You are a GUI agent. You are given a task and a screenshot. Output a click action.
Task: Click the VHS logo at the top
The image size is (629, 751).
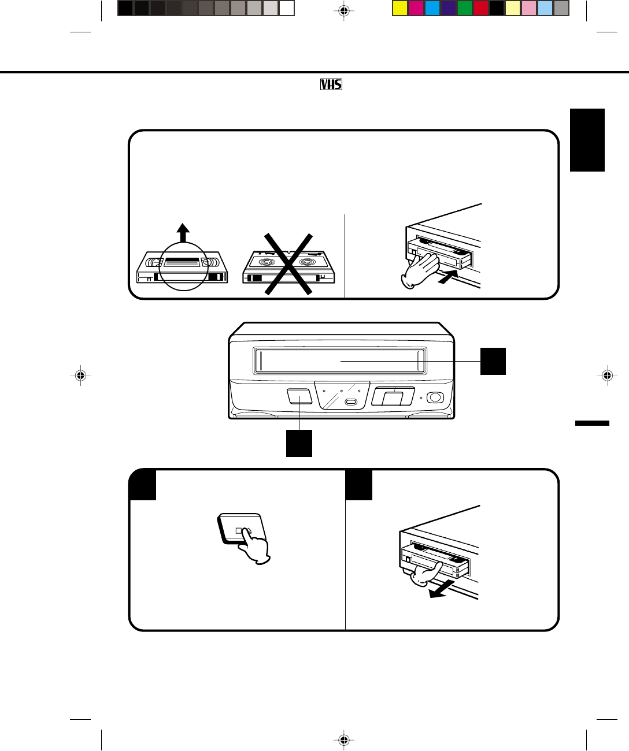(x=331, y=84)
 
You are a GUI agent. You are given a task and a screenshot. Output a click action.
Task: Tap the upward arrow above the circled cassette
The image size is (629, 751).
(x=183, y=234)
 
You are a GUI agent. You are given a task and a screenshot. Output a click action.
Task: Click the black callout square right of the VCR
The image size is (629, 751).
(x=493, y=361)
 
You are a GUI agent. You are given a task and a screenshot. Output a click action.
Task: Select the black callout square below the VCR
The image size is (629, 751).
(x=299, y=443)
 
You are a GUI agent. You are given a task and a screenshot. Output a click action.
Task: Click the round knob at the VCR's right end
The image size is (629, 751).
(x=435, y=397)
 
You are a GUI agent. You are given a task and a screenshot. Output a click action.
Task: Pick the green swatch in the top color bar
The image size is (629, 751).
(x=464, y=9)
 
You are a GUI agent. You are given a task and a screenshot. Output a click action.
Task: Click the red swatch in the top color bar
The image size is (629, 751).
(x=480, y=9)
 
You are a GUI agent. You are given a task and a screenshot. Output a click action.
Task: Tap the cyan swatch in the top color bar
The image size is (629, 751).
(x=432, y=9)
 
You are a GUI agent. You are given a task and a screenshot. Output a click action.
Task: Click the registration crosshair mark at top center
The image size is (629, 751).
(x=344, y=11)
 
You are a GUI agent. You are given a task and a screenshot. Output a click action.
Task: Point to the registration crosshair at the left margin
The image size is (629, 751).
(x=80, y=375)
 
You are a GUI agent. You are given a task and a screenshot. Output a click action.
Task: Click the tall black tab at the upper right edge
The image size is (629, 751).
(x=587, y=140)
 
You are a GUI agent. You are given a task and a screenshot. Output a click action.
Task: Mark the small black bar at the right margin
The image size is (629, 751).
(x=592, y=423)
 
